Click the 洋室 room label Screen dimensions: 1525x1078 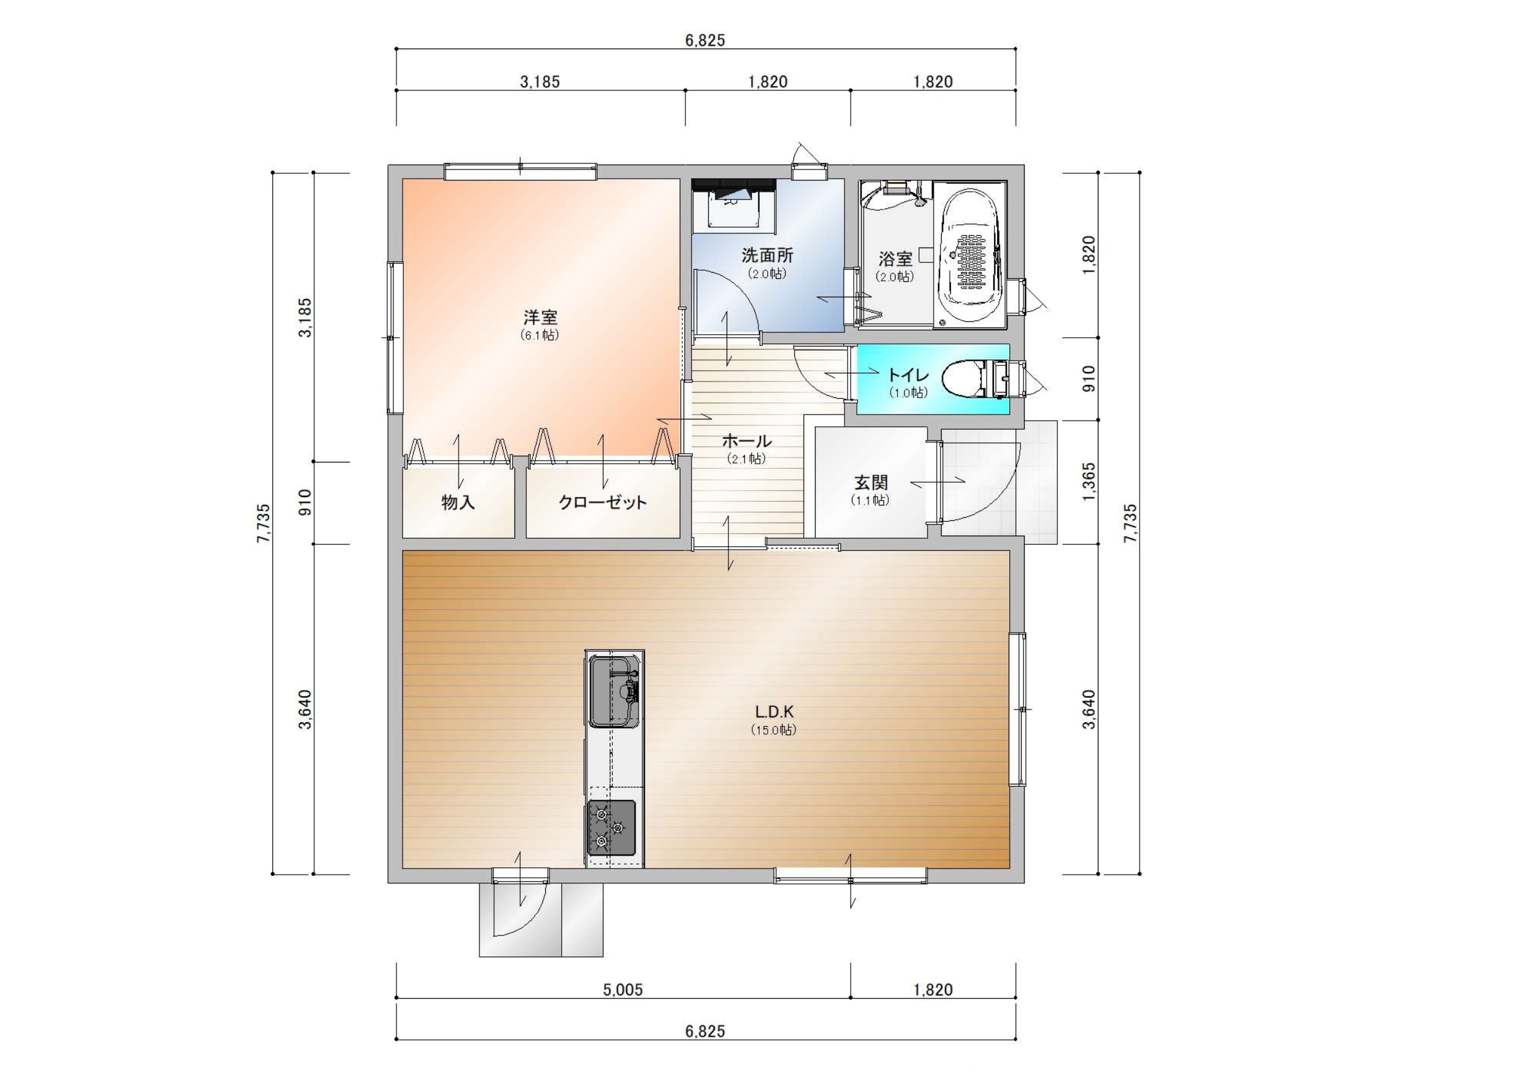pyautogui.click(x=540, y=318)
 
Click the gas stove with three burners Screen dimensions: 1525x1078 pyautogui.click(x=611, y=828)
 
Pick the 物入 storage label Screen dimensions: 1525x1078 pyautogui.click(x=459, y=502)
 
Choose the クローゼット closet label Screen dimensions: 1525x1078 pyautogui.click(x=602, y=502)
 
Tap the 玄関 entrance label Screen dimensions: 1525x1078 pyautogui.click(x=871, y=483)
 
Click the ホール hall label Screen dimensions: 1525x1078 pyautogui.click(x=747, y=441)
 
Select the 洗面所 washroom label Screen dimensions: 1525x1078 pyautogui.click(x=767, y=256)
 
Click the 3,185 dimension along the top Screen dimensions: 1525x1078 pyautogui.click(x=540, y=82)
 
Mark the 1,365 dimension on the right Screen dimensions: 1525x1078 pyautogui.click(x=1089, y=483)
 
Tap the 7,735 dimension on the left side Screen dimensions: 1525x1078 pyautogui.click(x=264, y=524)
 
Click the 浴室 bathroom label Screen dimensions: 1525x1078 pyautogui.click(x=896, y=259)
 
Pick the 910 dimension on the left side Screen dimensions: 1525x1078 pyautogui.click(x=305, y=502)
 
